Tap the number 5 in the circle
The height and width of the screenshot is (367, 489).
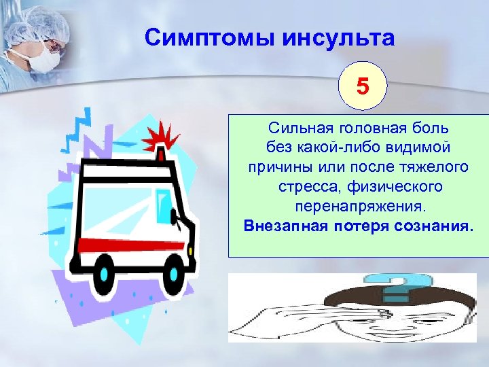(x=363, y=86)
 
